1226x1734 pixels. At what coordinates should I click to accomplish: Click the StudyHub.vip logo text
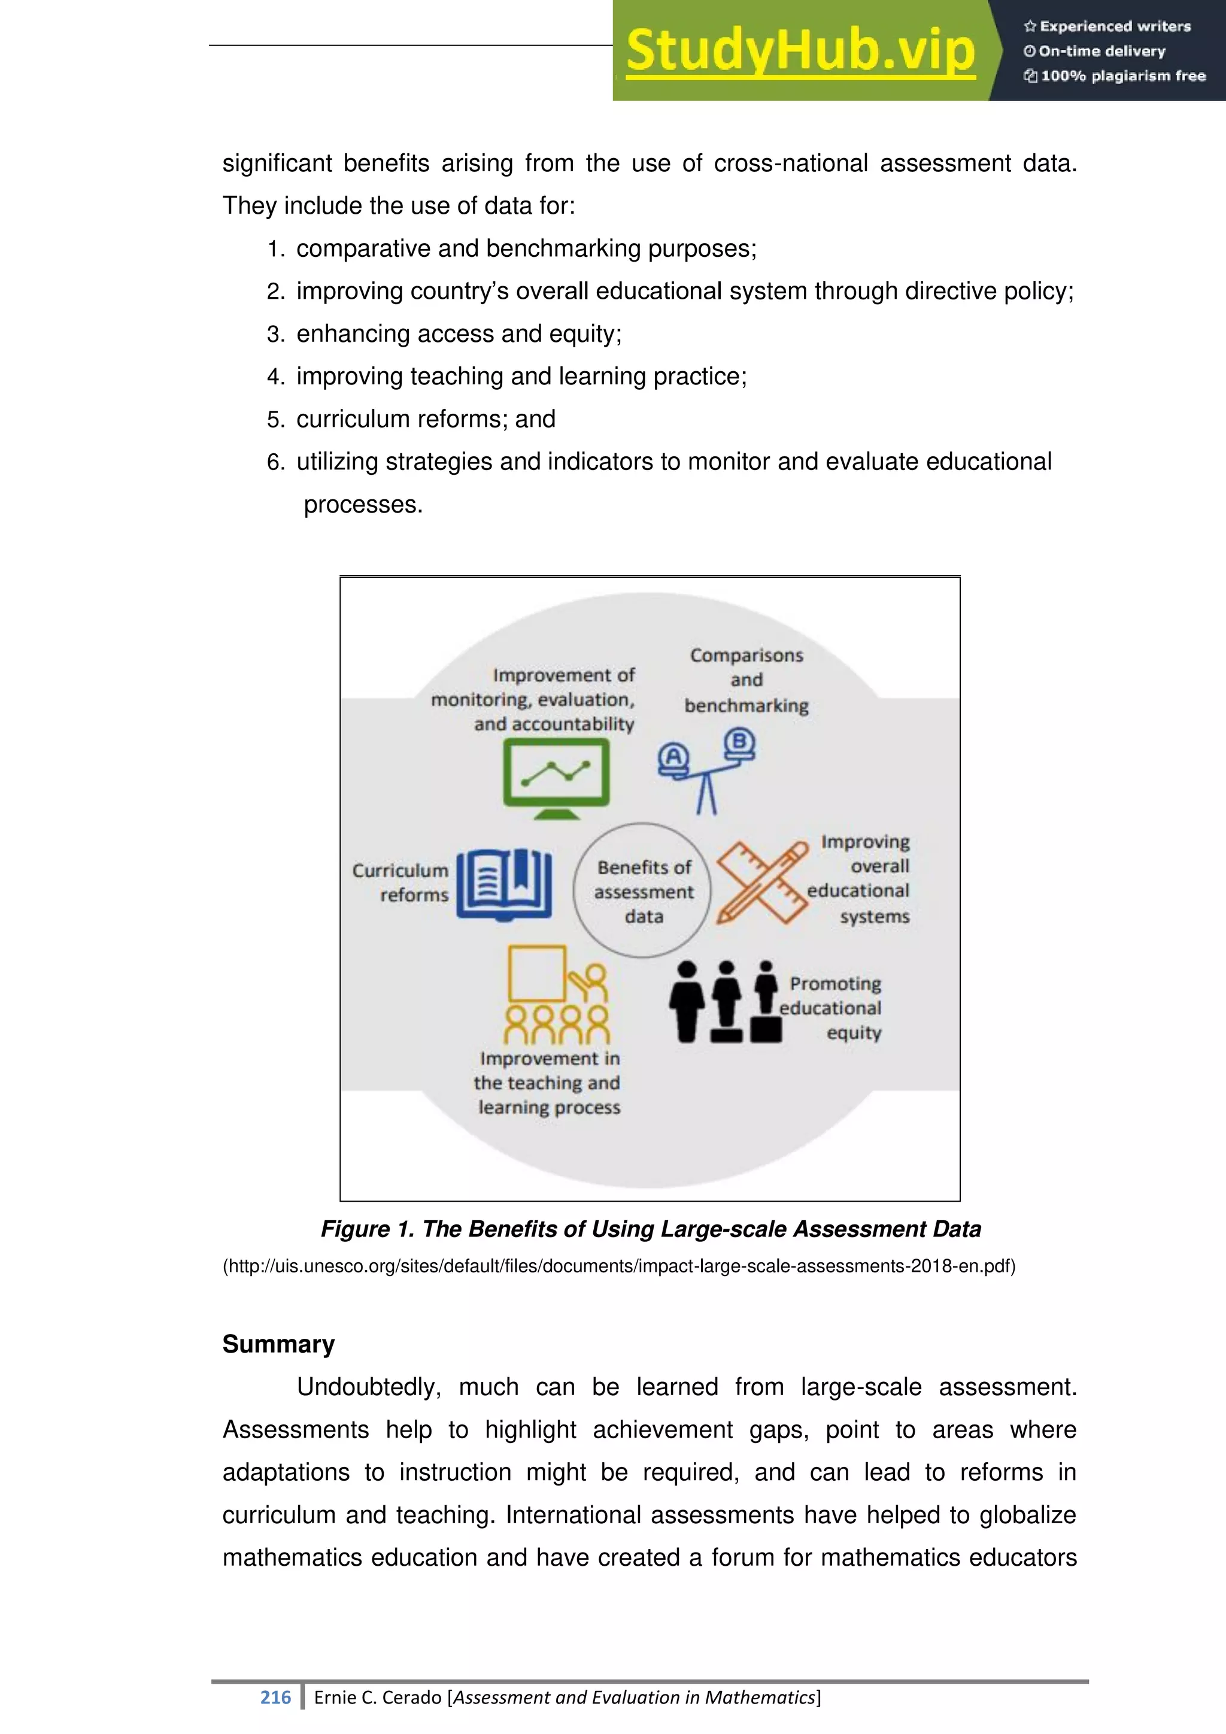point(800,51)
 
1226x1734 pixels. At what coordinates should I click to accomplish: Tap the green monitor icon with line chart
point(556,777)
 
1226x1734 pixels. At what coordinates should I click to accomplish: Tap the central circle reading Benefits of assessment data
point(643,891)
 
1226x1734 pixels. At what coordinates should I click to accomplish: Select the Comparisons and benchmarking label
point(746,680)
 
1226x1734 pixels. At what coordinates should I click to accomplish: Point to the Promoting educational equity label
point(832,1008)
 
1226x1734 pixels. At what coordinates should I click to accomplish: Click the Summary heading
point(278,1344)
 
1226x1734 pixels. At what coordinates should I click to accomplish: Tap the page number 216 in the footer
point(275,1697)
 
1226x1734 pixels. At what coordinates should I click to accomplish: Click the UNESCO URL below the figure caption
point(619,1266)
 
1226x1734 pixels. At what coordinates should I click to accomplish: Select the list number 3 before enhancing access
point(275,334)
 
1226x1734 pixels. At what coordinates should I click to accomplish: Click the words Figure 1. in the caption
point(367,1229)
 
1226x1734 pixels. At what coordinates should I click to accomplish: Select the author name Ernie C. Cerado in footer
point(378,1697)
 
